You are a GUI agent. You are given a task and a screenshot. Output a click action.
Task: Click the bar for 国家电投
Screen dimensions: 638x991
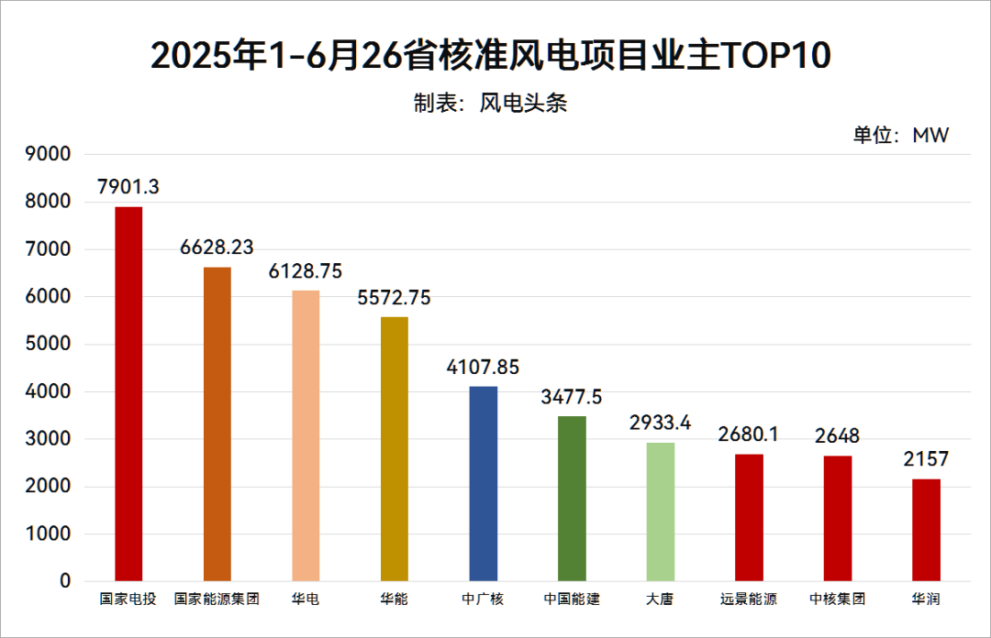[x=128, y=394]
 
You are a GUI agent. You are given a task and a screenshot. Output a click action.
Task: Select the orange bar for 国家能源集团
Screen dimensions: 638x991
[x=217, y=423]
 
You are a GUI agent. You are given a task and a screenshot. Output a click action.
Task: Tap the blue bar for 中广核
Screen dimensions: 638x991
[x=483, y=483]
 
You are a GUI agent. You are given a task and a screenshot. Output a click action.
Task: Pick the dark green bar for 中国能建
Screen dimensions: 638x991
[x=572, y=498]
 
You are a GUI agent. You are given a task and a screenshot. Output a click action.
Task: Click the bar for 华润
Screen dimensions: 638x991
[x=926, y=529]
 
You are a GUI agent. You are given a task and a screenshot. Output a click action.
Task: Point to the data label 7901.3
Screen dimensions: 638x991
[x=128, y=187]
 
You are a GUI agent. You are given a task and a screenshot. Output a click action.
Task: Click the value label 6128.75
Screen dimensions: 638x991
[x=306, y=271]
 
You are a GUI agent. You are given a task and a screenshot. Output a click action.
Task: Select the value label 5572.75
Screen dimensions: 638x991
[x=394, y=297]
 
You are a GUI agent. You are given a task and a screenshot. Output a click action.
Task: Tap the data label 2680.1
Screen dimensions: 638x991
[x=749, y=434]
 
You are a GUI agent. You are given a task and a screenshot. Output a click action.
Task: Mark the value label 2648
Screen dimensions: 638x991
[x=837, y=435]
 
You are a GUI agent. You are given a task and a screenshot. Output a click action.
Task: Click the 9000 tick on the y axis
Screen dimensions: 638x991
[x=51, y=155]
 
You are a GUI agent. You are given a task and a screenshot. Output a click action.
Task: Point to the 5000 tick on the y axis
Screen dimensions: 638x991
[x=51, y=345]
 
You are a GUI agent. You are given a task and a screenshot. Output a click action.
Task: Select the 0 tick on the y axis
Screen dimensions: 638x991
[x=65, y=581]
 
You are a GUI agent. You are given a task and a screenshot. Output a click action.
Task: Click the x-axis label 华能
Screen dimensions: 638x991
[x=394, y=599]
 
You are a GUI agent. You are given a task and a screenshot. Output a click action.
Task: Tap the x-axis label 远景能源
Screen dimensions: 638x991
[x=749, y=599]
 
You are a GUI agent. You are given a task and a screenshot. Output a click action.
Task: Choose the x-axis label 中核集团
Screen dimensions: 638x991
[x=837, y=599]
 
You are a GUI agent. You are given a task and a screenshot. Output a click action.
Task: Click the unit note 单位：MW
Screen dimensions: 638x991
[x=901, y=136]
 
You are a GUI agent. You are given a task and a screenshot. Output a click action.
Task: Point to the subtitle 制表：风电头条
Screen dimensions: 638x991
[x=491, y=103]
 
